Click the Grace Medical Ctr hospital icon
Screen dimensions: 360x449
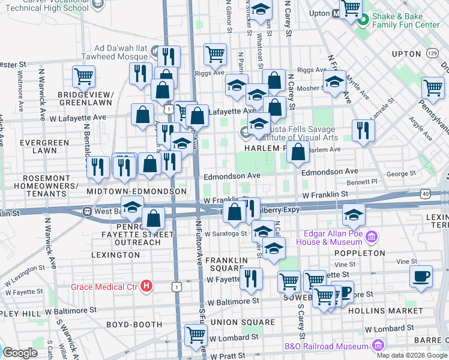(x=145, y=287)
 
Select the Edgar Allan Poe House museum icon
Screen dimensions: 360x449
(x=372, y=237)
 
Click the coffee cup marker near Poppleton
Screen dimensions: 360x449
(x=421, y=277)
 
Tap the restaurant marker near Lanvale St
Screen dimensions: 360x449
(x=363, y=130)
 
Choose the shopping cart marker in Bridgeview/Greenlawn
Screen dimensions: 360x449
(x=83, y=76)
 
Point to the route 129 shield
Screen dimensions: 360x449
(x=432, y=54)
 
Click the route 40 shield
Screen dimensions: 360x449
(x=426, y=194)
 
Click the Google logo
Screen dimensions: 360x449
(x=20, y=353)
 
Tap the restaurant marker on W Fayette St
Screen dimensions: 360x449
(x=250, y=278)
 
